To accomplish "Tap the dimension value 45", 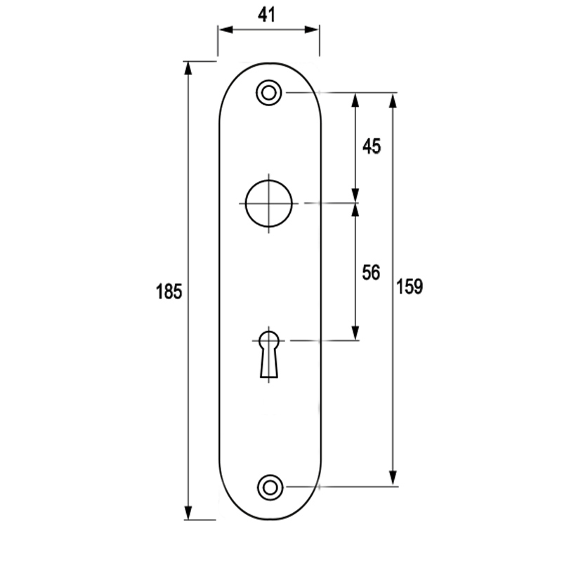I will (x=371, y=146).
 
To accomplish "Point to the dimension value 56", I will (x=370, y=273).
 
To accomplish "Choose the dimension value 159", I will (x=410, y=287).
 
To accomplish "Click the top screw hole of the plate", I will (x=268, y=93).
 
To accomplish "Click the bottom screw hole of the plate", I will (x=269, y=486).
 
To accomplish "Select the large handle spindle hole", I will (x=269, y=204).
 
